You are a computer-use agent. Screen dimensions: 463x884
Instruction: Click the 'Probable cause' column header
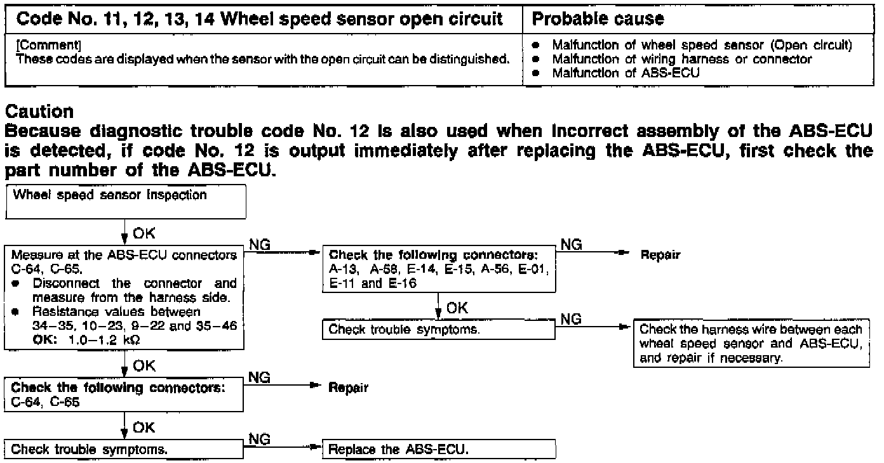[x=598, y=19]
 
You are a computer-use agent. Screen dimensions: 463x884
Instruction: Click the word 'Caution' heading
[x=39, y=112]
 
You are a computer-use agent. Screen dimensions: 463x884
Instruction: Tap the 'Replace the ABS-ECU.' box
[x=439, y=450]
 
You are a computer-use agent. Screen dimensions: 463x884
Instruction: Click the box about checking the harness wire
[x=751, y=343]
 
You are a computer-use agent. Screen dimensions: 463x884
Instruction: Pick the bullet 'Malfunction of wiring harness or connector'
[x=682, y=59]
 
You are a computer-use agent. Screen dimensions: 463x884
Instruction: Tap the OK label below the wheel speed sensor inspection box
[x=144, y=233]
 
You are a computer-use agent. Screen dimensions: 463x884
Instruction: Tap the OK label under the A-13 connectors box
[x=457, y=308]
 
